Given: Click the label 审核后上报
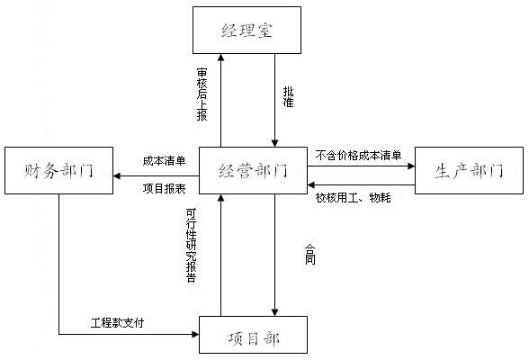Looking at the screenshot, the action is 202,94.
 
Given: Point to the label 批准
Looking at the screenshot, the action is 288,97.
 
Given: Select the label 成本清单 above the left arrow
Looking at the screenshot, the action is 164,160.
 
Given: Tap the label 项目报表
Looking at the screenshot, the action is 164,189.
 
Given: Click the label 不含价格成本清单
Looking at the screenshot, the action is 358,155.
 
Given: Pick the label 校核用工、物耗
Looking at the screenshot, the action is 353,197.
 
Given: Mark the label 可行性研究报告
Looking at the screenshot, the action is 191,245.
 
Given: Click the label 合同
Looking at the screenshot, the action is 309,254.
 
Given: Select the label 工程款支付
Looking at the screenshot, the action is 117,323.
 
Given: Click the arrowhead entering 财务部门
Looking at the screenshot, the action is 117,175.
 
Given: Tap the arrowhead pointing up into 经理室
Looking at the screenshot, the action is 220,58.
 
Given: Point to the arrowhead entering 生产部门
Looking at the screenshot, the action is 411,166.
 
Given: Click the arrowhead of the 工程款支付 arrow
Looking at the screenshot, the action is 195,335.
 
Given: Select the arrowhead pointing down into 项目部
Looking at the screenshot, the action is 275,312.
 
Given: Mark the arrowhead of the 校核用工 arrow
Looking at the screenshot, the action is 311,184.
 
